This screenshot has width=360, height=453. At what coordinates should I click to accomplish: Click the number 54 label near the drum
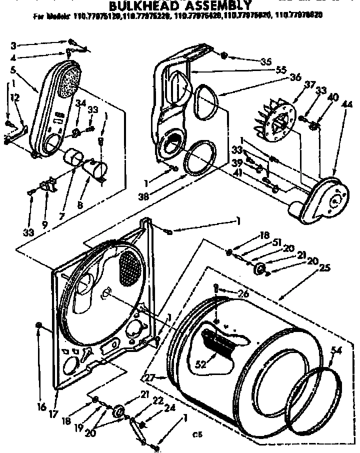(336, 350)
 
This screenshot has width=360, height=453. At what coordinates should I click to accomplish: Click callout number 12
(16, 97)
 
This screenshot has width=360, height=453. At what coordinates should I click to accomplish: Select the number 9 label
(45, 211)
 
